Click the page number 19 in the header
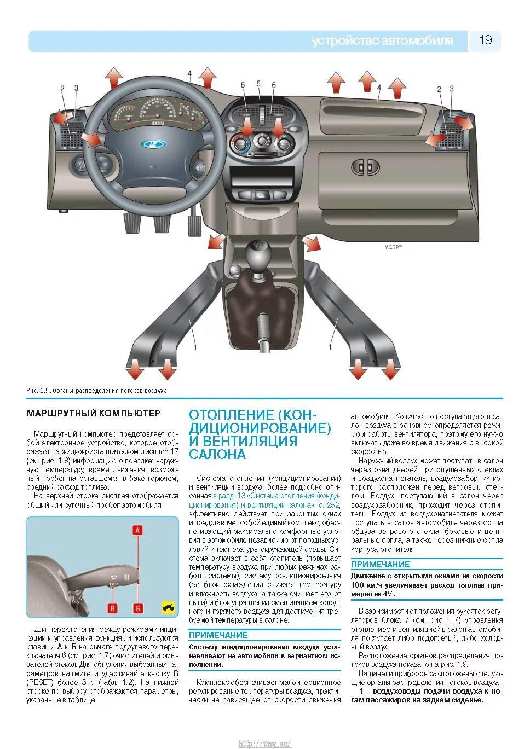tap(486, 40)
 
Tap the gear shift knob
tap(256, 254)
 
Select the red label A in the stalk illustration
tap(138, 530)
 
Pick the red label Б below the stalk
tap(139, 608)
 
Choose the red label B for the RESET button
tap(113, 608)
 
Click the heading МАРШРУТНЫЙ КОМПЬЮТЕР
tap(94, 413)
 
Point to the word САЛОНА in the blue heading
tap(217, 454)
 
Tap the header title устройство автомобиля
tap(382, 41)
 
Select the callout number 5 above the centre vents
tap(258, 84)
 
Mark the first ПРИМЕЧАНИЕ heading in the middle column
tap(218, 635)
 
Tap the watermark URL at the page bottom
tap(265, 744)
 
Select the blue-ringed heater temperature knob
tap(241, 144)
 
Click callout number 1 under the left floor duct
tap(195, 347)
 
